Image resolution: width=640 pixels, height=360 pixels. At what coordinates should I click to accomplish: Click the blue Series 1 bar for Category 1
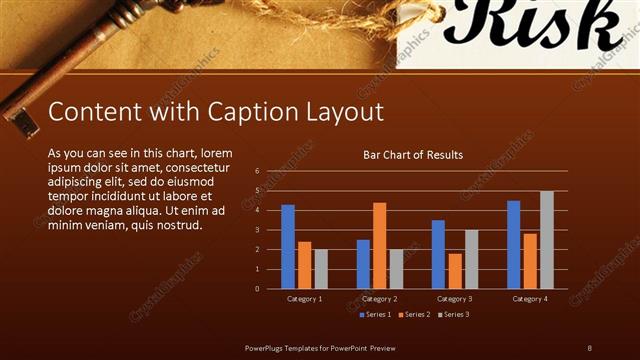coord(288,247)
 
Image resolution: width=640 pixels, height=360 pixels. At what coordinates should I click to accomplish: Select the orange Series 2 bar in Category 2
coord(379,246)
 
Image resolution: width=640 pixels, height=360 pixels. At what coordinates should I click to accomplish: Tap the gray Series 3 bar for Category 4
coord(546,240)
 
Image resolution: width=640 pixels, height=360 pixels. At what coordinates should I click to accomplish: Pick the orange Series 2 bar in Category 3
coord(455,271)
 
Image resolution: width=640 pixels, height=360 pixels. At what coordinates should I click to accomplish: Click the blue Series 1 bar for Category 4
coord(513,245)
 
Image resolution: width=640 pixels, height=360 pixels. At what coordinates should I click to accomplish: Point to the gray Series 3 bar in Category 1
coord(321,269)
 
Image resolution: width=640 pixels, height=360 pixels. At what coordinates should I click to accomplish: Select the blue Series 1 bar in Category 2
coord(363,264)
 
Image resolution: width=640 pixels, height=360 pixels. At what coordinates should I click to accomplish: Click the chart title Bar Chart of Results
coord(412,155)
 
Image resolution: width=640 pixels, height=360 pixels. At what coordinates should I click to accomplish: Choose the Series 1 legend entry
coord(374,315)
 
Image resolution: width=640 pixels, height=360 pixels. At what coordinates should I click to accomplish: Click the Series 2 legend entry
coord(413,315)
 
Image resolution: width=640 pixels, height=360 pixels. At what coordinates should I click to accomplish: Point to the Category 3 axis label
coord(455,299)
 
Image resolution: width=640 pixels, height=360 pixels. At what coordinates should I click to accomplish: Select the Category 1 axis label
coord(304,299)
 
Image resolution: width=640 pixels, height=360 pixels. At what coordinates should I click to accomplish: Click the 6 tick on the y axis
coord(258,171)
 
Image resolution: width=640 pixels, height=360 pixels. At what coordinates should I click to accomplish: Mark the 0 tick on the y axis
coord(258,289)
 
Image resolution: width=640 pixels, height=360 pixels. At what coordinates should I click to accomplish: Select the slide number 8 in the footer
coord(589,347)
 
